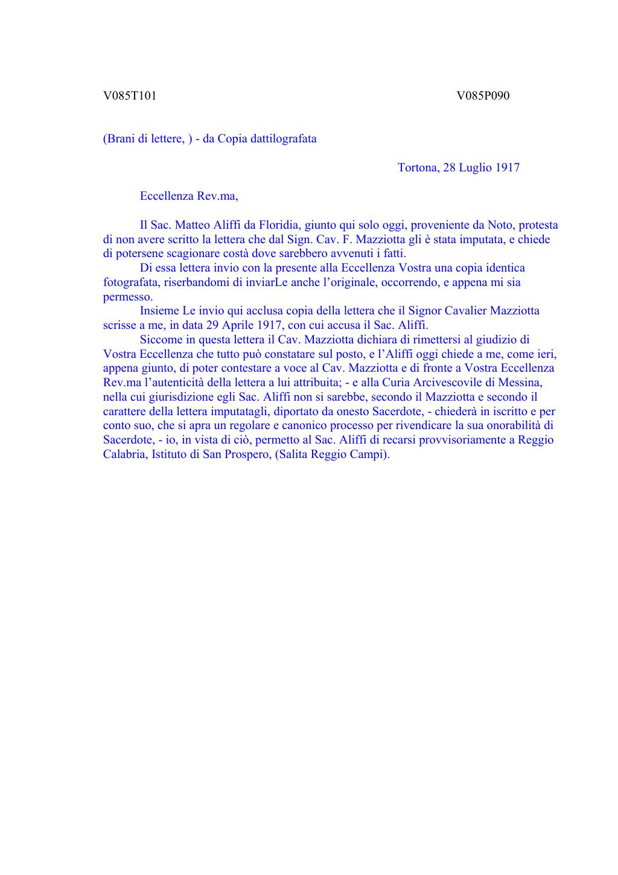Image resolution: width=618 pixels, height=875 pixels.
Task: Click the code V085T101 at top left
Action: tap(130, 96)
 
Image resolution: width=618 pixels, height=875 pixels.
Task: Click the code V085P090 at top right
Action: tap(483, 96)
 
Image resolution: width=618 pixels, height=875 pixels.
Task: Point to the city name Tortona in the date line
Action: tap(418, 168)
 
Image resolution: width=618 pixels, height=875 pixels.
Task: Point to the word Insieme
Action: tap(159, 311)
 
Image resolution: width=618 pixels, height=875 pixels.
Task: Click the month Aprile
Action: tap(247, 325)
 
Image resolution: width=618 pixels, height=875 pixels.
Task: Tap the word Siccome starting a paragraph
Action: tap(161, 340)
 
